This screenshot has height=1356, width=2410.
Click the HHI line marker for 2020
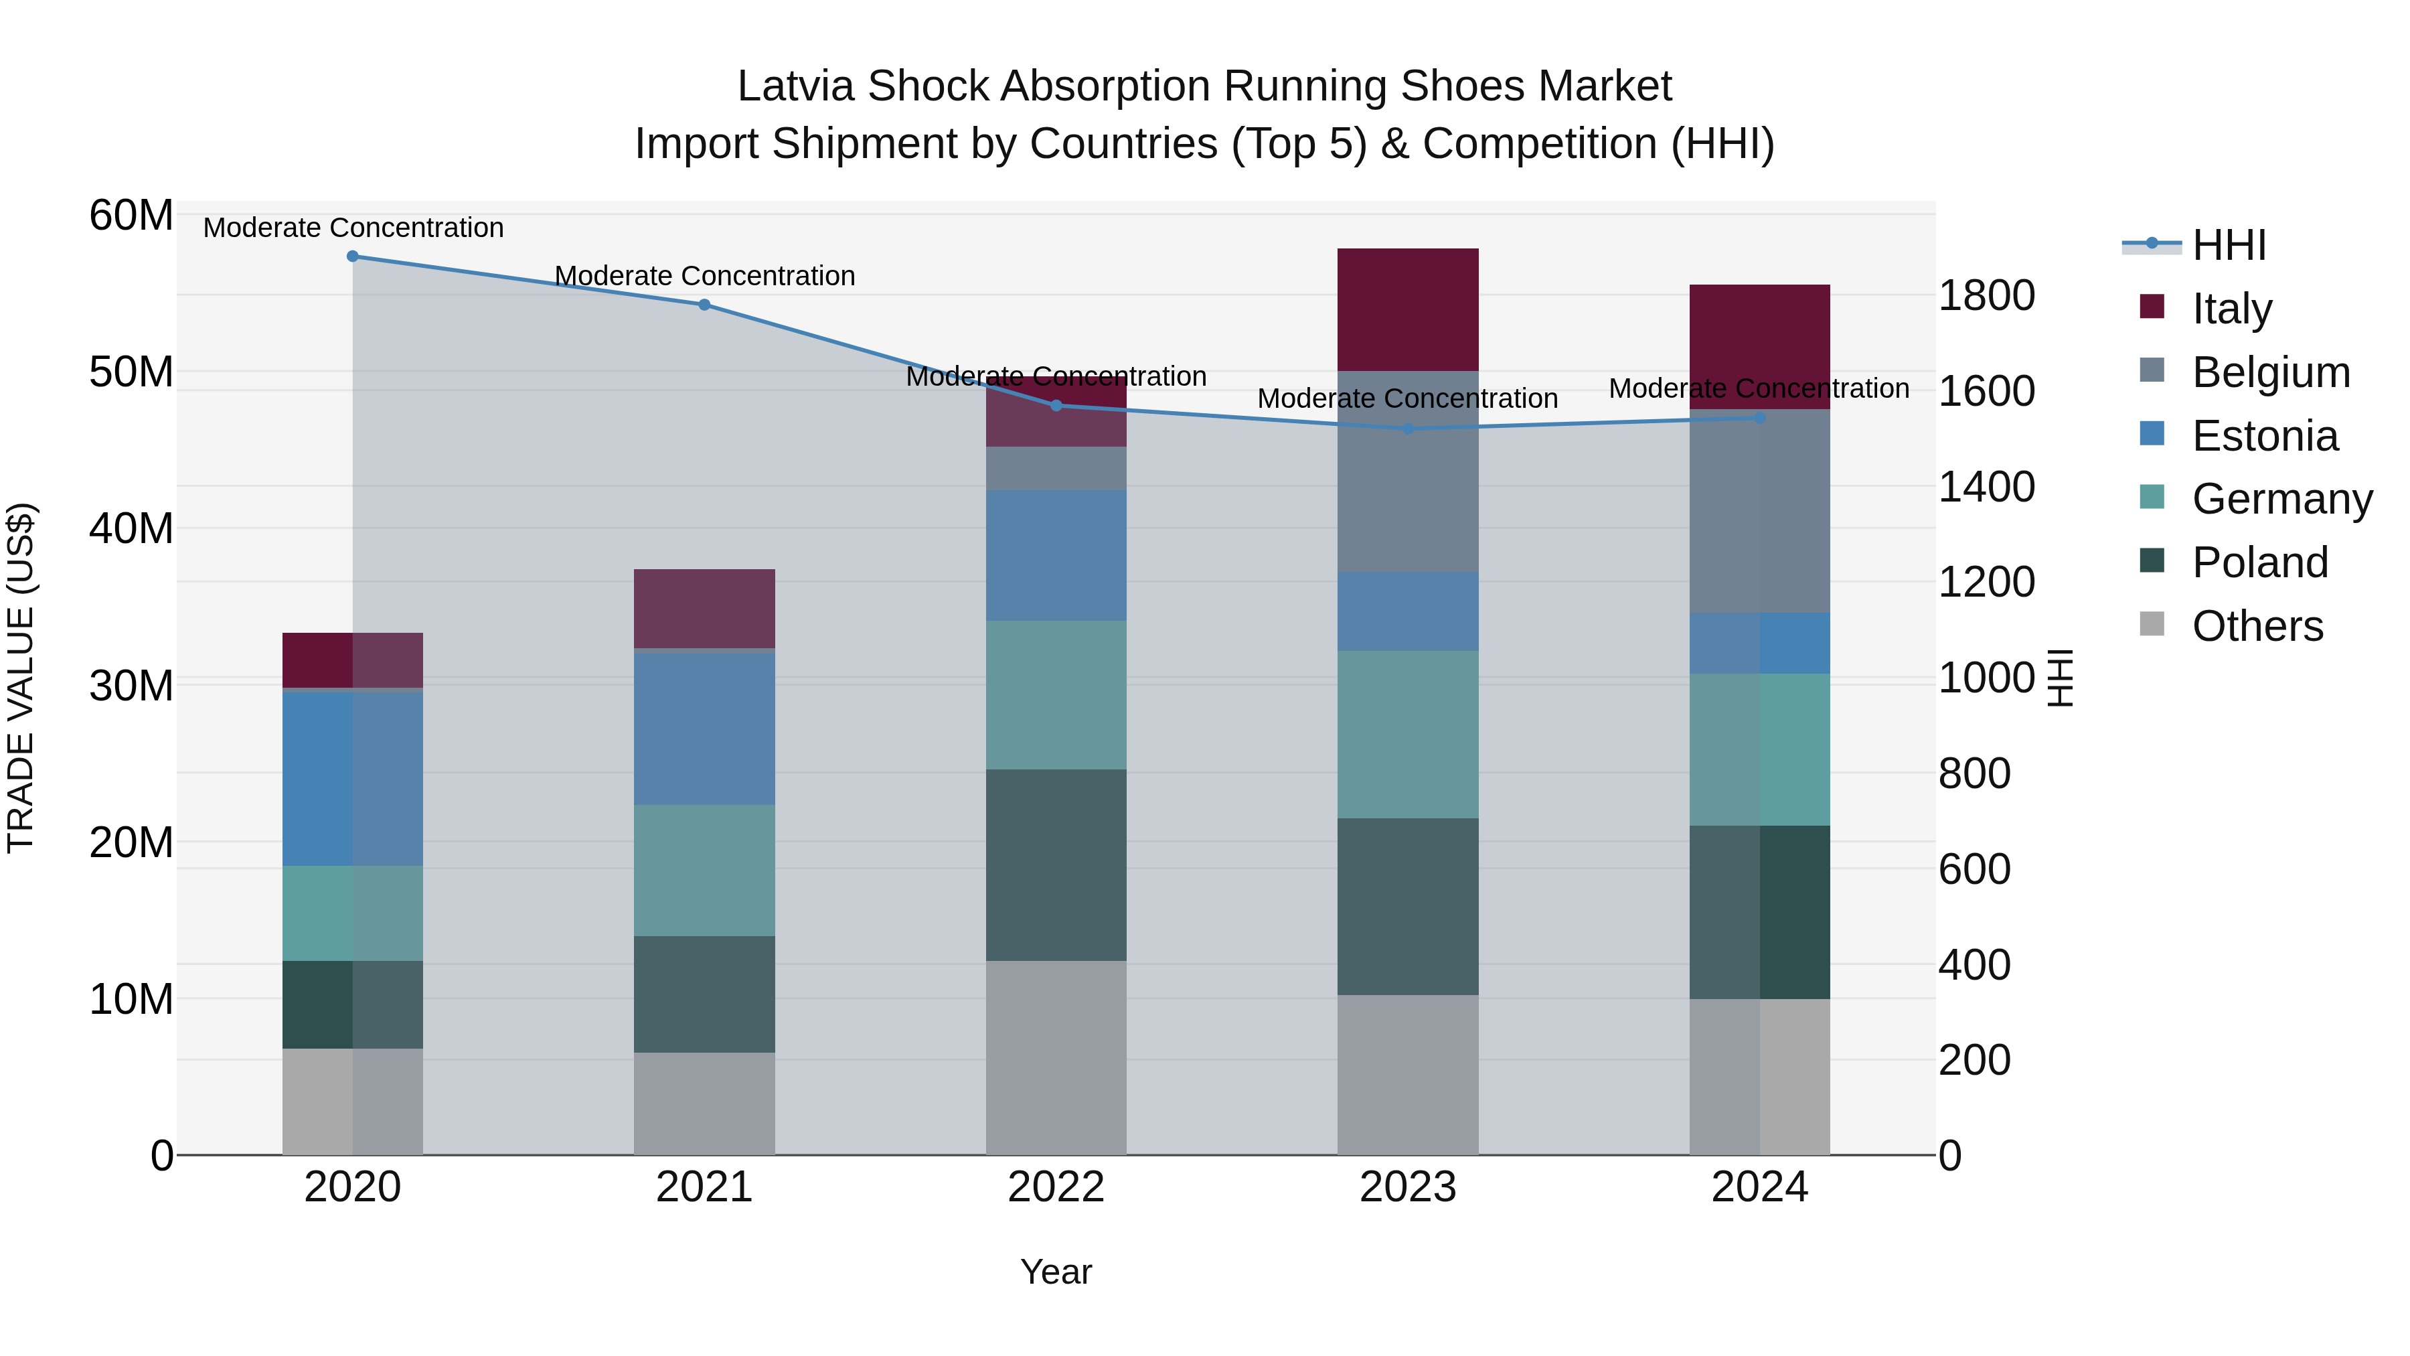(x=353, y=256)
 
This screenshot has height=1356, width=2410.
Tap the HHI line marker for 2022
(x=1056, y=405)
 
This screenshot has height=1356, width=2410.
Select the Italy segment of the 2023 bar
(x=1408, y=310)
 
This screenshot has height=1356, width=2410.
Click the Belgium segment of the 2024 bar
(x=1760, y=511)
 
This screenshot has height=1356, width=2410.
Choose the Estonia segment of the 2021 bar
(x=704, y=727)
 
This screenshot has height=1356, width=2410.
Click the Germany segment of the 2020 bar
(x=353, y=913)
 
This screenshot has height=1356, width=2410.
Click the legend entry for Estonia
(x=2264, y=436)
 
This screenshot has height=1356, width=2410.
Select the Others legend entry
(x=2257, y=626)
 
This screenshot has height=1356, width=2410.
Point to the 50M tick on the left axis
(x=131, y=372)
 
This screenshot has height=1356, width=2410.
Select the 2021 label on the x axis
(x=704, y=1187)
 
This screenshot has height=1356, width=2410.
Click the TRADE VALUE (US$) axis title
(x=21, y=678)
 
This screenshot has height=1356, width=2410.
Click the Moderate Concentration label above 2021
(x=704, y=276)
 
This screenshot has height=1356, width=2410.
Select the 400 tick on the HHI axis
(x=1975, y=965)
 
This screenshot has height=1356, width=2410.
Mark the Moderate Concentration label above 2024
(x=1759, y=388)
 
